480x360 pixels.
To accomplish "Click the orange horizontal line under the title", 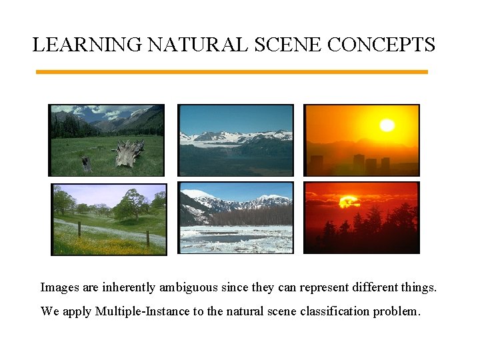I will (x=231, y=72).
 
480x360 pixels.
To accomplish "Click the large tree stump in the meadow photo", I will (x=129, y=154).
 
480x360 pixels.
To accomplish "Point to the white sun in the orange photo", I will (x=387, y=125).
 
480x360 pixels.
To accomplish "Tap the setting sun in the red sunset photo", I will (x=349, y=201).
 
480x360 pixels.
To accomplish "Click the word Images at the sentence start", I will (x=59, y=287).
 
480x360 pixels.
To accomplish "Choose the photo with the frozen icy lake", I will (x=235, y=217).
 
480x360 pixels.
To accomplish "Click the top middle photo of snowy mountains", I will (x=235, y=140).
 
